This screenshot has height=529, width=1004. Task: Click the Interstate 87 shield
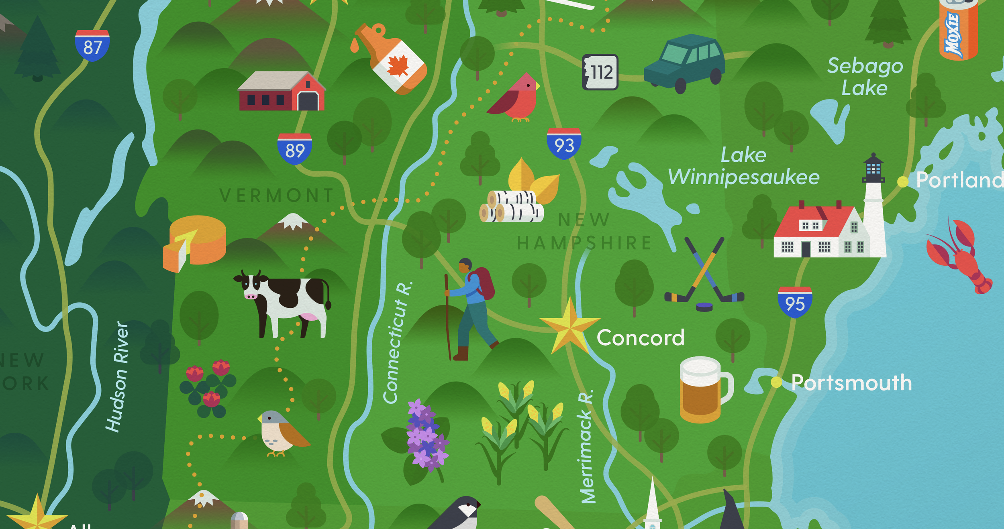(92, 46)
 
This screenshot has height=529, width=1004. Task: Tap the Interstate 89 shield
(294, 149)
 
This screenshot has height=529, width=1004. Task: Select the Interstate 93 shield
(564, 144)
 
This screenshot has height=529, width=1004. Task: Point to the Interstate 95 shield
(795, 302)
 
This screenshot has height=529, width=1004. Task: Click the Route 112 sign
(600, 72)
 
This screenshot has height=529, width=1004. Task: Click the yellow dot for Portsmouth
(776, 382)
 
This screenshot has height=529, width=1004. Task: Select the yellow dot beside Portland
(903, 182)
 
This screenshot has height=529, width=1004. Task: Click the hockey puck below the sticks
(704, 307)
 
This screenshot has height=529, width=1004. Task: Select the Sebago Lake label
(865, 77)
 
